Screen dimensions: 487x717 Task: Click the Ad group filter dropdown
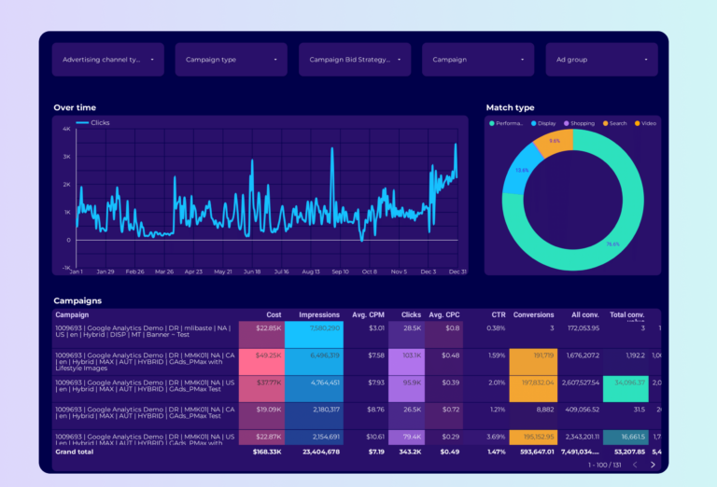(601, 60)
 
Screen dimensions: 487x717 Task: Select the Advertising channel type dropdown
(107, 60)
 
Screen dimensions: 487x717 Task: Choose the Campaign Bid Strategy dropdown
(354, 60)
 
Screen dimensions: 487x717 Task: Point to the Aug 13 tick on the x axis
(310, 271)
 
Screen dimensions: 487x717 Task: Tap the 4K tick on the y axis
(66, 129)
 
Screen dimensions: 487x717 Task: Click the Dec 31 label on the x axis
(457, 271)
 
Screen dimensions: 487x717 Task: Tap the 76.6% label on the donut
(612, 244)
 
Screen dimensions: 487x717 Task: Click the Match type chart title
(510, 108)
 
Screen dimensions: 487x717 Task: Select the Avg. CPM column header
(367, 315)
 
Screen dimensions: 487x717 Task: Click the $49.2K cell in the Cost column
(260, 355)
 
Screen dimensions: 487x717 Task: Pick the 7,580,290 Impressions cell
(313, 328)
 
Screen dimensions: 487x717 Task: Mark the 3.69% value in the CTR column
(497, 437)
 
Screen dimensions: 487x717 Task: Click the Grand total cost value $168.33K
(266, 452)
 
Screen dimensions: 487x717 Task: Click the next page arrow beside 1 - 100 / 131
(653, 464)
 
